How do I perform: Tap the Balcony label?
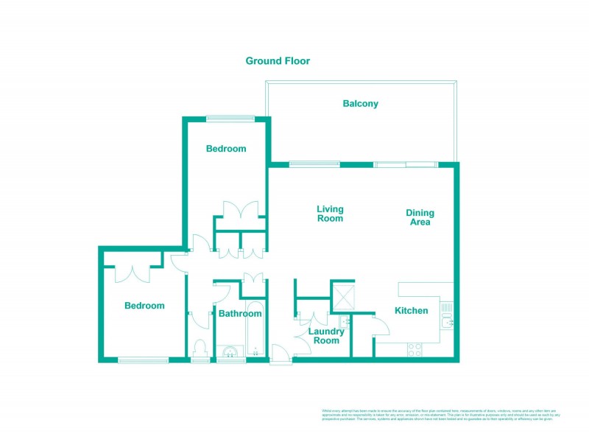(361, 104)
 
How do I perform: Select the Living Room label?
(330, 214)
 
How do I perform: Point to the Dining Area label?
(420, 217)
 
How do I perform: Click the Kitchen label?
(411, 311)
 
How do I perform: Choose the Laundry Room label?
(326, 336)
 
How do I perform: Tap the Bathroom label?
(240, 314)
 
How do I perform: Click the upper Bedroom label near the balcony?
(226, 149)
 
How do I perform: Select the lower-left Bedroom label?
(144, 306)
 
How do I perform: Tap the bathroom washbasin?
(230, 352)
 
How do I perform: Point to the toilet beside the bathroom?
(199, 349)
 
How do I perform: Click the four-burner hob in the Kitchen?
(415, 350)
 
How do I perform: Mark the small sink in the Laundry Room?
(345, 322)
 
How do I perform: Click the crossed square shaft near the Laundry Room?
(343, 296)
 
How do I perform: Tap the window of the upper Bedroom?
(230, 119)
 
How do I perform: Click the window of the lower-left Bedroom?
(143, 359)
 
